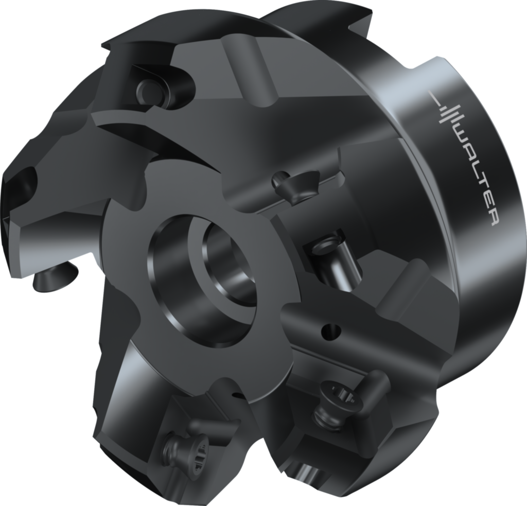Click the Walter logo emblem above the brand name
click(x=447, y=111)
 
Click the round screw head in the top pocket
click(x=149, y=91)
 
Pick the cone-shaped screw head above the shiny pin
click(x=288, y=185)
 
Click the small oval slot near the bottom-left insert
click(x=237, y=396)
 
